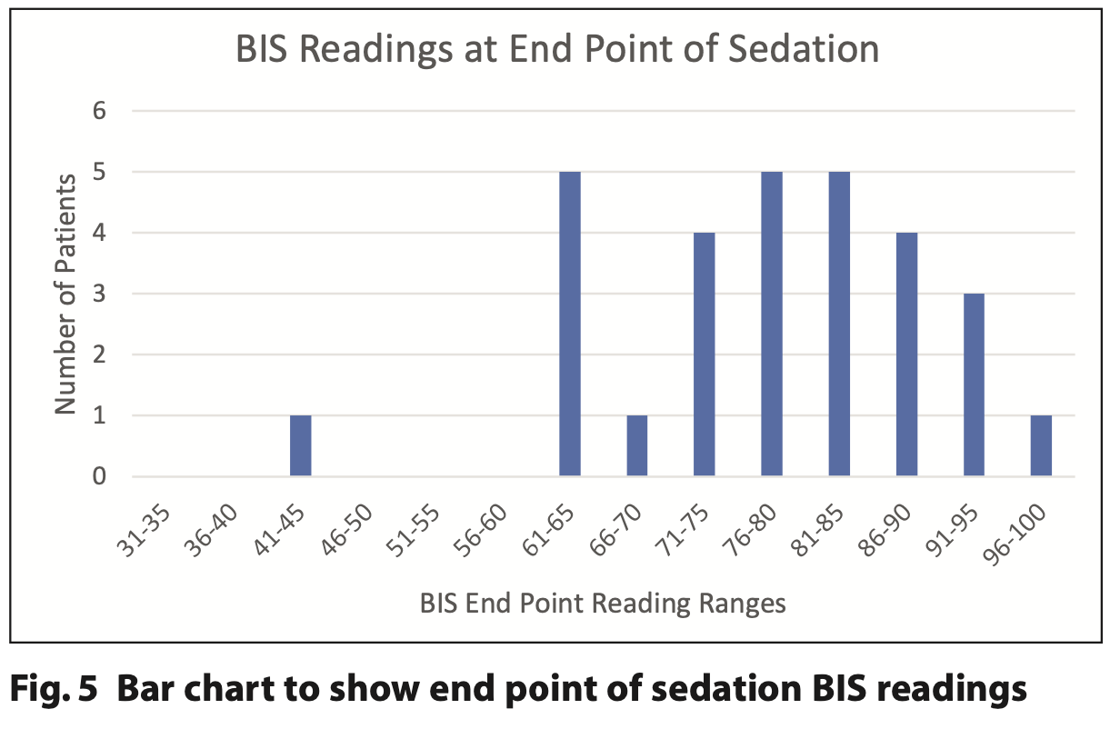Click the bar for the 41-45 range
(x=301, y=445)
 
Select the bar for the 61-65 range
(x=570, y=324)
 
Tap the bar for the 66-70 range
(x=637, y=445)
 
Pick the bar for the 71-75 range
(x=705, y=354)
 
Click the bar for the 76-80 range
(x=772, y=324)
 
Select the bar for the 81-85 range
(x=839, y=324)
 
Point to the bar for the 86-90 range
(x=907, y=354)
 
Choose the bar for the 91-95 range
(x=974, y=384)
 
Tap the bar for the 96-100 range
(x=1041, y=445)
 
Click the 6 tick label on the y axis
(x=99, y=111)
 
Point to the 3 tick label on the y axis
(x=99, y=294)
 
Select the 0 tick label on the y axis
(x=99, y=476)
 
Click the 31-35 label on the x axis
(x=144, y=531)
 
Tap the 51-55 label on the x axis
(x=413, y=531)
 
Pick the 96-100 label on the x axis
(x=1015, y=535)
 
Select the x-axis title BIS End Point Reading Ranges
(x=603, y=604)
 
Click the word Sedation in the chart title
(x=804, y=49)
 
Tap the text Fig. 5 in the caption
(x=54, y=688)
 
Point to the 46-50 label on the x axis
(x=346, y=531)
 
